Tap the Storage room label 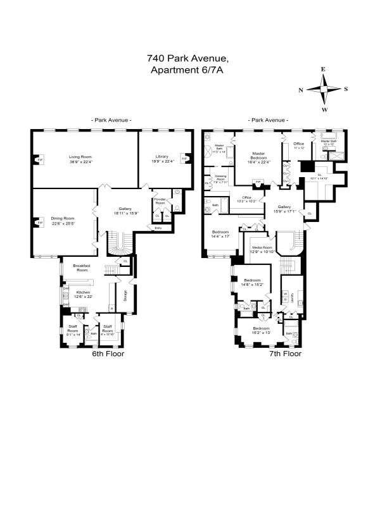point(125,295)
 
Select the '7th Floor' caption point(284,354)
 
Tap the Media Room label point(262,247)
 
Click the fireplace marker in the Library point(184,158)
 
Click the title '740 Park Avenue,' point(187,58)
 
